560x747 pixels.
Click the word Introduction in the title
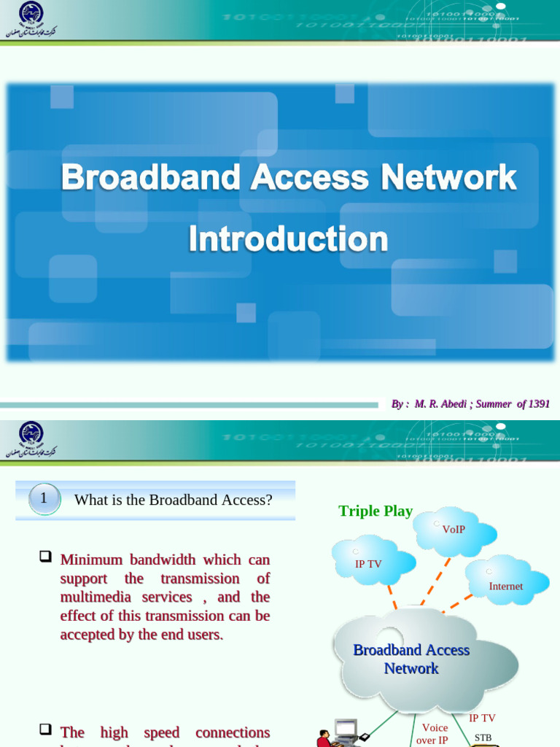click(288, 239)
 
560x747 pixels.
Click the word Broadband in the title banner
click(151, 178)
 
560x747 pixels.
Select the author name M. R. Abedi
click(440, 403)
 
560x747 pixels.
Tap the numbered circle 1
click(43, 499)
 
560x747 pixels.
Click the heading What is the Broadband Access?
click(173, 500)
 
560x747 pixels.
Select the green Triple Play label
click(376, 511)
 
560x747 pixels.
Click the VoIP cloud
click(454, 530)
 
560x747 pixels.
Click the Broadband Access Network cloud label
click(411, 659)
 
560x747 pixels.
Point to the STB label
click(483, 738)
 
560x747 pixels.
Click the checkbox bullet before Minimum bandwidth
click(45, 558)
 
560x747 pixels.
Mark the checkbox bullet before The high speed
click(45, 730)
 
